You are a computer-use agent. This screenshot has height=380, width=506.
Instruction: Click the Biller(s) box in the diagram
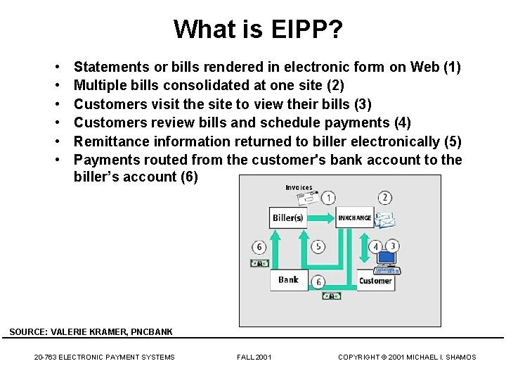coord(288,217)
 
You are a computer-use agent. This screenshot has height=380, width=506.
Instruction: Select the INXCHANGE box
coord(354,217)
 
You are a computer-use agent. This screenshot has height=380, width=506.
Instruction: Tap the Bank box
coord(288,279)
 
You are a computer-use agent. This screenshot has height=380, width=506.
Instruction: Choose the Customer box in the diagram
coord(375,281)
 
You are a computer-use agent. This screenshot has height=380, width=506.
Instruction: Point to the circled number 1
coord(328,198)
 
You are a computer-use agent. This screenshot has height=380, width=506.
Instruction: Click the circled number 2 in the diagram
coord(384,198)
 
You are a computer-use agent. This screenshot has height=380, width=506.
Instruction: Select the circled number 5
coord(318,246)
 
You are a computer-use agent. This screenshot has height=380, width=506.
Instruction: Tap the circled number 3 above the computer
coord(393,246)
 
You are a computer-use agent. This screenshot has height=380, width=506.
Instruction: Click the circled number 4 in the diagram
coord(376,247)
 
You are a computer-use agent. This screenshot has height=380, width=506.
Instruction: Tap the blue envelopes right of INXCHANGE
coord(384,220)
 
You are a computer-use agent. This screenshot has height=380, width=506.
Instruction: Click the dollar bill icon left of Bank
coord(259,263)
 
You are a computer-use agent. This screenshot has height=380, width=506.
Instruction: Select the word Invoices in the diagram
coord(299,188)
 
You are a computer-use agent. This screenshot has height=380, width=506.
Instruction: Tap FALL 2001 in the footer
coord(254,357)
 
